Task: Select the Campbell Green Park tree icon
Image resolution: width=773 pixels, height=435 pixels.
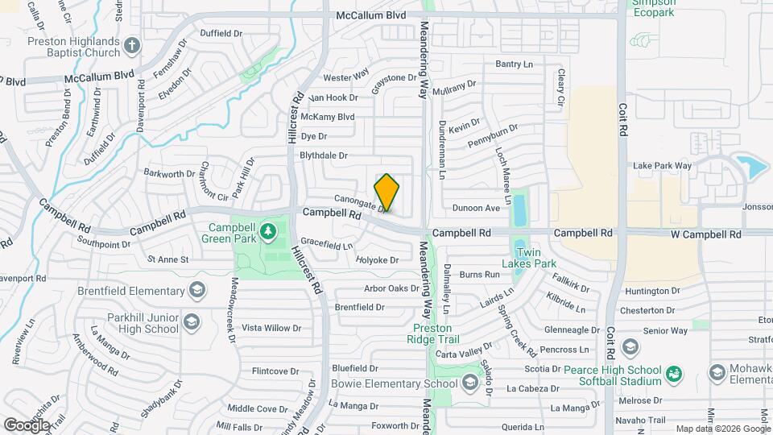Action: tap(267, 234)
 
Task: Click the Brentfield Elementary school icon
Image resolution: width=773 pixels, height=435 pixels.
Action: tap(194, 291)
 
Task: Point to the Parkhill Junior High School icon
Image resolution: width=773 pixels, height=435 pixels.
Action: tap(192, 322)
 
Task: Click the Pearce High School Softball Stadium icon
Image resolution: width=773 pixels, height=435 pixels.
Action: tap(674, 373)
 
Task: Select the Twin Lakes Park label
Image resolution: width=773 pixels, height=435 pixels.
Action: tap(529, 257)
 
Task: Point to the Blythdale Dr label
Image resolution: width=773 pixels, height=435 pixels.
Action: tap(323, 155)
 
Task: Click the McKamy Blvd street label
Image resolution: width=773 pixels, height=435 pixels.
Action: tap(327, 117)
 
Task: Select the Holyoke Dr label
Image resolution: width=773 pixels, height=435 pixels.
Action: tap(378, 260)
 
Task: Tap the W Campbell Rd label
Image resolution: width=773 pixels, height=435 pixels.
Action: tap(706, 234)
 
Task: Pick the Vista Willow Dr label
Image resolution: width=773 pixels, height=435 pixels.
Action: tap(271, 329)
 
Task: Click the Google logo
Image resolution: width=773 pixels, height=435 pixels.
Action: tap(26, 425)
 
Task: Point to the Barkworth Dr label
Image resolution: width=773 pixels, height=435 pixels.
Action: tap(164, 172)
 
